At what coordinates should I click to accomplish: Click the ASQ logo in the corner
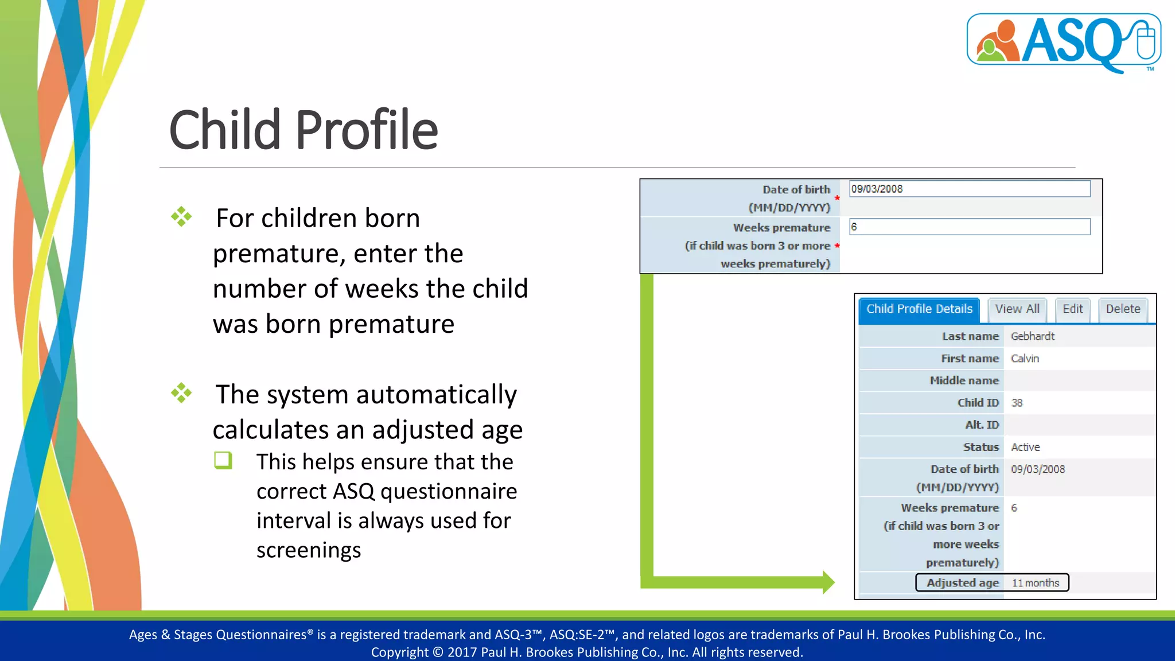(x=1064, y=41)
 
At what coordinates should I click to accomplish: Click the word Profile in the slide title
(x=367, y=130)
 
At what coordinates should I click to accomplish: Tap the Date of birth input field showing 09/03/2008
(x=969, y=189)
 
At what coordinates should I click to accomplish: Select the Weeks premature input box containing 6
(x=969, y=227)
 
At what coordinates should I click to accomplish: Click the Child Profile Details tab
(x=919, y=309)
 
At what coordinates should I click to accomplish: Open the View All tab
(x=1017, y=309)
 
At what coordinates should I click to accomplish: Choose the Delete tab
(x=1122, y=309)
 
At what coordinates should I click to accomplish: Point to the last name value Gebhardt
(x=1032, y=336)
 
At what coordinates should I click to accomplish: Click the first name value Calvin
(x=1025, y=359)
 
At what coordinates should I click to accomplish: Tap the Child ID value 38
(x=1017, y=403)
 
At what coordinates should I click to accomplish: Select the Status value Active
(x=1025, y=447)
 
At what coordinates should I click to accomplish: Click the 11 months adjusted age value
(x=1035, y=583)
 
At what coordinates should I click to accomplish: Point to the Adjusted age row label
(x=962, y=583)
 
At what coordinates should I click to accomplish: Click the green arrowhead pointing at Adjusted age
(x=828, y=582)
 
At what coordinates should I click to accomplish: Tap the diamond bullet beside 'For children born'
(x=181, y=217)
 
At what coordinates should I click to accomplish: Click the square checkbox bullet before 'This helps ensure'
(x=223, y=460)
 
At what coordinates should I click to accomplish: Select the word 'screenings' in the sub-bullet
(x=309, y=550)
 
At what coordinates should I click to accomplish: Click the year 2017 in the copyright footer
(x=462, y=652)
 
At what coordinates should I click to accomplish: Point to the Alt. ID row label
(x=982, y=425)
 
